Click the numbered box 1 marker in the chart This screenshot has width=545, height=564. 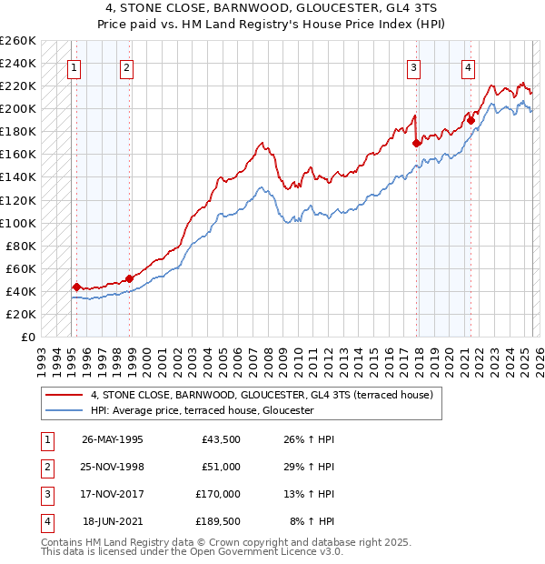pyautogui.click(x=74, y=66)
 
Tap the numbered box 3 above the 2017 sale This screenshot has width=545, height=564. pyautogui.click(x=413, y=66)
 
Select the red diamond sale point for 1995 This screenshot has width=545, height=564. pyautogui.click(x=76, y=287)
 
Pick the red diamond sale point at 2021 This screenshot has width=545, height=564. pyautogui.click(x=471, y=119)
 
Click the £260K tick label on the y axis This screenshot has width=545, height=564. pyautogui.click(x=18, y=41)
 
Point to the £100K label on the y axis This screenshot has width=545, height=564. pyautogui.click(x=18, y=223)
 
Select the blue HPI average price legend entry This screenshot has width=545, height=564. pyautogui.click(x=202, y=410)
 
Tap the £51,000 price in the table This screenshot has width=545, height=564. pyautogui.click(x=220, y=467)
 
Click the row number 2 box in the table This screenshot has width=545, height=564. pyautogui.click(x=45, y=467)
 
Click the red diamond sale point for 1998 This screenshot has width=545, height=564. pyautogui.click(x=130, y=278)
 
